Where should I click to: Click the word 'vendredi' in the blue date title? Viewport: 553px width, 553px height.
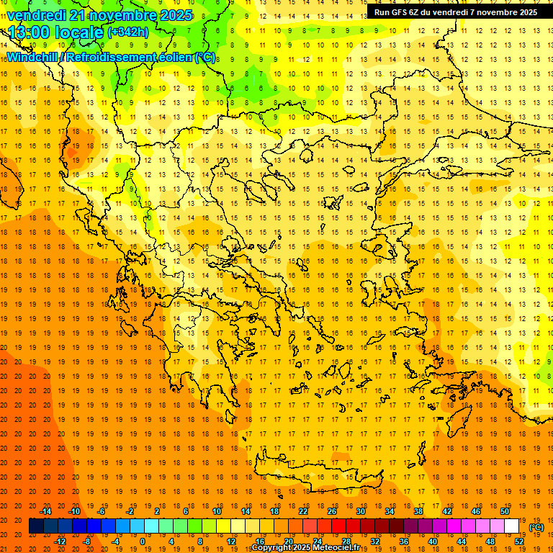pyautogui.click(x=37, y=15)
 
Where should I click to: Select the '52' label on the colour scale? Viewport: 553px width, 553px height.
pyautogui.click(x=518, y=541)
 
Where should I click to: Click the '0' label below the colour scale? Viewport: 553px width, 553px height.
pyautogui.click(x=142, y=541)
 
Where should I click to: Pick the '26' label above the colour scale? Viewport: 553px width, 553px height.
pyautogui.click(x=332, y=511)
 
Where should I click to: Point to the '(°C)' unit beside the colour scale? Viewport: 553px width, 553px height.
pyautogui.click(x=536, y=526)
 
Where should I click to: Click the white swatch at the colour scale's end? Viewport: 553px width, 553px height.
pyautogui.click(x=511, y=526)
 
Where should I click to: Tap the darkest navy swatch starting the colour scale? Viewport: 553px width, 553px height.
pyautogui.click(x=36, y=526)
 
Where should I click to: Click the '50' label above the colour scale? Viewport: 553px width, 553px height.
pyautogui.click(x=504, y=511)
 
